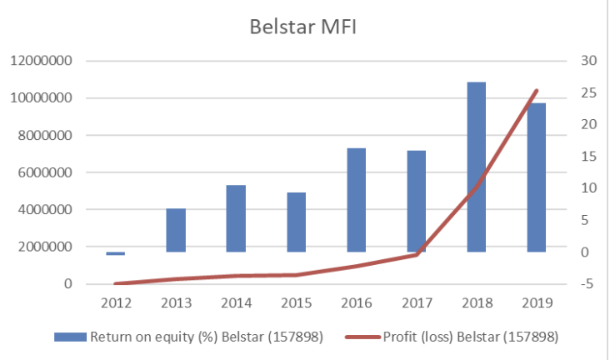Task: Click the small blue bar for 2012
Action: pos(116,252)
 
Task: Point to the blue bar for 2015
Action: pos(296,222)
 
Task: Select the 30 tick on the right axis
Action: pos(589,61)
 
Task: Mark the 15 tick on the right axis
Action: pos(589,157)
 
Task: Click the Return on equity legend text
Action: pos(206,337)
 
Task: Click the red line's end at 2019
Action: pos(537,90)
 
